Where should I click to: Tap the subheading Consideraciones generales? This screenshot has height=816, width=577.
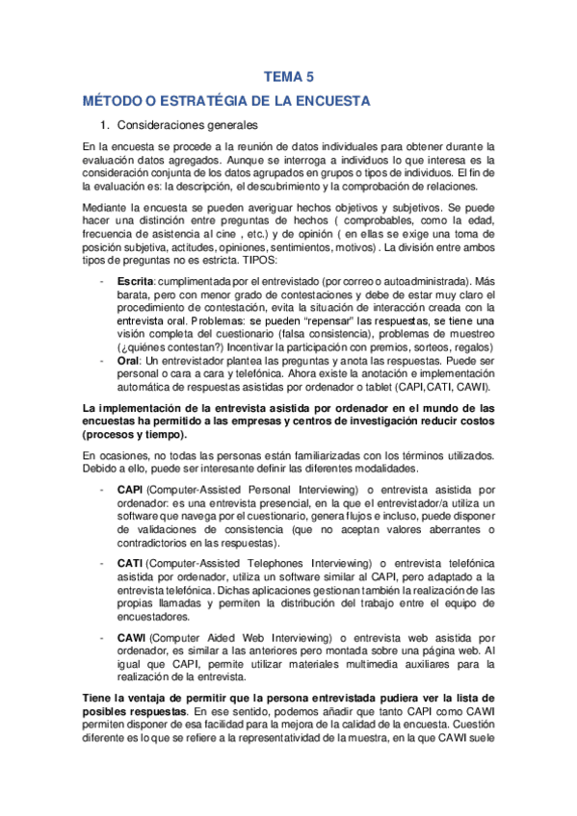point(187,125)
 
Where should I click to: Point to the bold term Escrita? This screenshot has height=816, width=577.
point(136,280)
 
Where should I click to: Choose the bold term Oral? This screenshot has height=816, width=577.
point(129,360)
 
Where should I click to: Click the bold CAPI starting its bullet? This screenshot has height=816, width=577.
point(132,490)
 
